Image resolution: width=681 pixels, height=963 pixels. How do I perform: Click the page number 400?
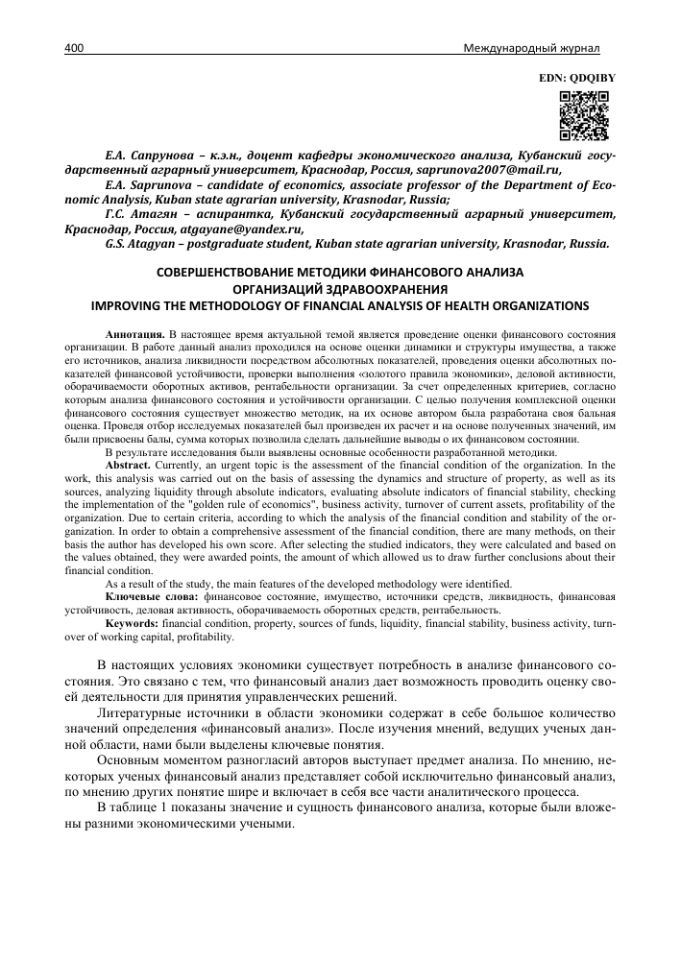pos(75,48)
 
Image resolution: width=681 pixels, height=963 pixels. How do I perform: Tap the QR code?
pos(584,114)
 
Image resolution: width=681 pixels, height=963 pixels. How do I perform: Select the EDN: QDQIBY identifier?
pos(574,75)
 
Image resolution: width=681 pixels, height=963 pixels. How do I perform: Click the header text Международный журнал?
pos(545,48)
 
